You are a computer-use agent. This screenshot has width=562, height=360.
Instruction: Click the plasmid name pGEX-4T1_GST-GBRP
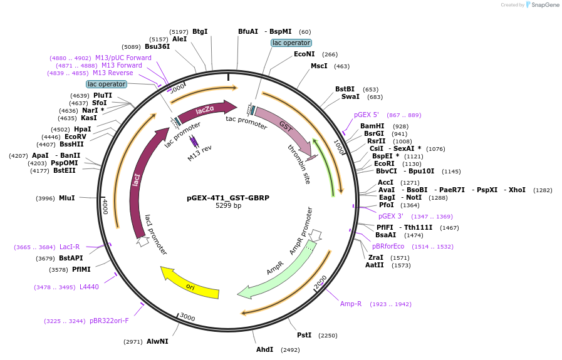pos(228,198)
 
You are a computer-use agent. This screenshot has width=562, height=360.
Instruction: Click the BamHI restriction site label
pos(372,126)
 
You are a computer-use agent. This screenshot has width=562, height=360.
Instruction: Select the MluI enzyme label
pos(66,198)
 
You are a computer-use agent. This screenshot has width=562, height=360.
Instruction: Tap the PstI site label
pos(304,335)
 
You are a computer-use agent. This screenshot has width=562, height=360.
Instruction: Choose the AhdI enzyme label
pos(264,349)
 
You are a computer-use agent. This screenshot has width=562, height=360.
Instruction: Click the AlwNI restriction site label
pos(157,341)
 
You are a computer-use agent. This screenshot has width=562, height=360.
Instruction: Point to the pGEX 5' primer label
pos(366,115)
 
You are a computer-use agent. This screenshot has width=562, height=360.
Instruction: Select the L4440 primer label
pos(89,287)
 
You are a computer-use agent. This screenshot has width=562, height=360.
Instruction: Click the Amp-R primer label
pos(351,304)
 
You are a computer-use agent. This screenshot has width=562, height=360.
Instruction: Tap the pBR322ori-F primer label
pos(109,321)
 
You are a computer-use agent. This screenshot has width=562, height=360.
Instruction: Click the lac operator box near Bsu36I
pos(107,84)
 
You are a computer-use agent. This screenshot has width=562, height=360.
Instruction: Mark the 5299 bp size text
pos(228,205)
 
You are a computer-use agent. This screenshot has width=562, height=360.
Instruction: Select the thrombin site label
pos(299,156)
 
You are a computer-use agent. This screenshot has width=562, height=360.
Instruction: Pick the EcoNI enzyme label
pos(304,54)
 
